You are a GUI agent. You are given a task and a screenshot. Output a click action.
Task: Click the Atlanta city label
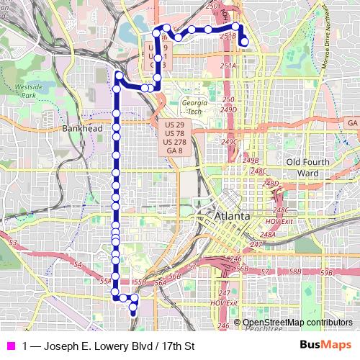tap(232, 216)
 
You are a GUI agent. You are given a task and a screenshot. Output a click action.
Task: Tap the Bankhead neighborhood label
tap(82, 128)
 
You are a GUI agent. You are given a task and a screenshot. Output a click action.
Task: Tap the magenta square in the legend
tap(9, 346)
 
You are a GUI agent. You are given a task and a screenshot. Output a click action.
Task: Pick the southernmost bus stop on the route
tap(132, 312)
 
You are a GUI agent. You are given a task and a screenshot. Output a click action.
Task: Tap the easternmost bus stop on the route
tap(245, 42)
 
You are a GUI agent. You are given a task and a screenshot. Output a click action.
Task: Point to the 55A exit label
tap(106, 281)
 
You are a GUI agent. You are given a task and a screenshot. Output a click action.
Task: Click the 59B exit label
tap(328, 273)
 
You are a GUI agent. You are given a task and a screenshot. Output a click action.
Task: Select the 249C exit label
tap(229, 142)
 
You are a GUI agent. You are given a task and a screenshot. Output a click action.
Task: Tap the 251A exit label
tap(228, 66)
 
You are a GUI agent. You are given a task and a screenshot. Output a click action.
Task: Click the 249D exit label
tap(229, 109)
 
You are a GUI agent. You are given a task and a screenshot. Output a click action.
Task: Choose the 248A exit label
tap(268, 235)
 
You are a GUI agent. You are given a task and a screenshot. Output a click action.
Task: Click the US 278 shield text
tap(174, 143)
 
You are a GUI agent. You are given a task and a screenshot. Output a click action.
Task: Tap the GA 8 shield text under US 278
tap(174, 151)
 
